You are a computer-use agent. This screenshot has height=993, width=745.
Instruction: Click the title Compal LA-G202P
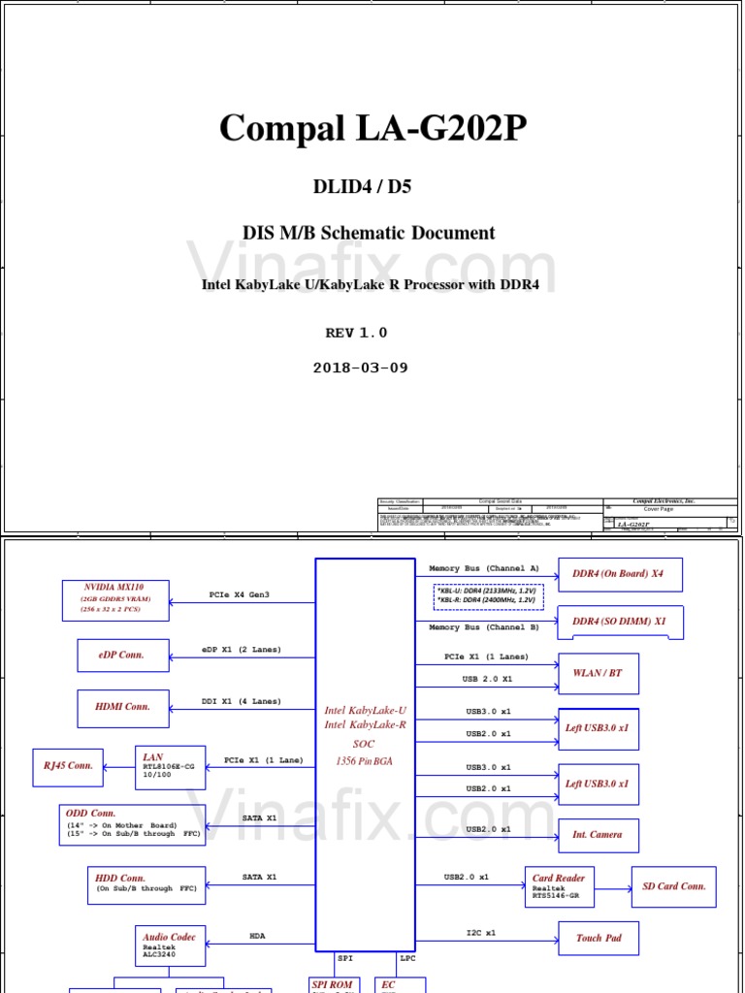372,128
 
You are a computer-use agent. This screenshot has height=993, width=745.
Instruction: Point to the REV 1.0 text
356,333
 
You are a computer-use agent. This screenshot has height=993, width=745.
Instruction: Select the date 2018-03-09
360,368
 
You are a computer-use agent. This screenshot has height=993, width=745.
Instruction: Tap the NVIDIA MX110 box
115,600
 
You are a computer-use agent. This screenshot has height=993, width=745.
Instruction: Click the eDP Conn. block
123,656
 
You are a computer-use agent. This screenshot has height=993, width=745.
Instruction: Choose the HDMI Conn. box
123,708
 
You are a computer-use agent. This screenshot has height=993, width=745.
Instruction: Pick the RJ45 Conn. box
68,766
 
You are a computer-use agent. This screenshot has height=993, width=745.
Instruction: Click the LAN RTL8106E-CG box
169,766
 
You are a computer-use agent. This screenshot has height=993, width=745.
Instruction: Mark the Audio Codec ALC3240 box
170,945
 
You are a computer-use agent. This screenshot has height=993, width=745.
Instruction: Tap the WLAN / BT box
599,673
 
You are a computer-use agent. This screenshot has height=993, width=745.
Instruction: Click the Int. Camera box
598,835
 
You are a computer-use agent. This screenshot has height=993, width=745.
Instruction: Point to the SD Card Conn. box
673,886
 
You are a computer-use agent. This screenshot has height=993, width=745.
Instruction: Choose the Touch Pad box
599,939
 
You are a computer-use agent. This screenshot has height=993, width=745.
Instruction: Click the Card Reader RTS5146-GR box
560,886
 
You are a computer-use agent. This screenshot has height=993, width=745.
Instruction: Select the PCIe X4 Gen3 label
240,594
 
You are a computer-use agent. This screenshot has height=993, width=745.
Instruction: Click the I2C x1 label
480,933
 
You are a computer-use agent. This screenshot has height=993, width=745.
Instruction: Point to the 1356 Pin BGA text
365,761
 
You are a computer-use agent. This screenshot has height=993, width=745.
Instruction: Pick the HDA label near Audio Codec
257,936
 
